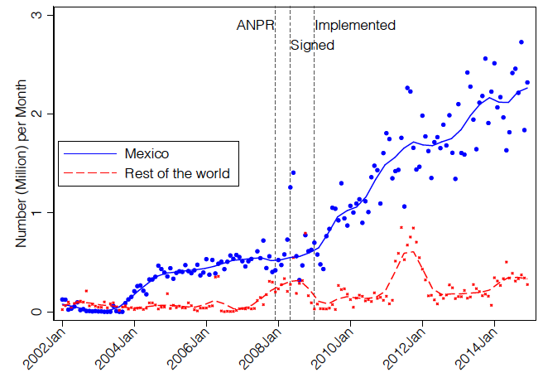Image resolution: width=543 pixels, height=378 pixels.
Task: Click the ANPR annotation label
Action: (x=254, y=26)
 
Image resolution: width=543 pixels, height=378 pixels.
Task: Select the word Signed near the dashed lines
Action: (x=312, y=46)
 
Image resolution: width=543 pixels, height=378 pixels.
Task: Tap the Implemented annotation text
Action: (x=355, y=26)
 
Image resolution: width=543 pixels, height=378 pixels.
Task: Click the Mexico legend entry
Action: (x=147, y=153)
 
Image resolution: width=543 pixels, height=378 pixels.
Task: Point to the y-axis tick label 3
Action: (x=37, y=15)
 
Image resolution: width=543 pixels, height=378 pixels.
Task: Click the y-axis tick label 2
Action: (x=37, y=114)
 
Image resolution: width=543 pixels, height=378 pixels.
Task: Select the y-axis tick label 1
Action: (x=37, y=212)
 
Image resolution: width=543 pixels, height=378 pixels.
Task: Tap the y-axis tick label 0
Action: (x=37, y=312)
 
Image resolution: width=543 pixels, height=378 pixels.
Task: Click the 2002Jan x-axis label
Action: (x=44, y=349)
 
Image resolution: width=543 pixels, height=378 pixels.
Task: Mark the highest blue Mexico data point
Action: (x=521, y=41)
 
